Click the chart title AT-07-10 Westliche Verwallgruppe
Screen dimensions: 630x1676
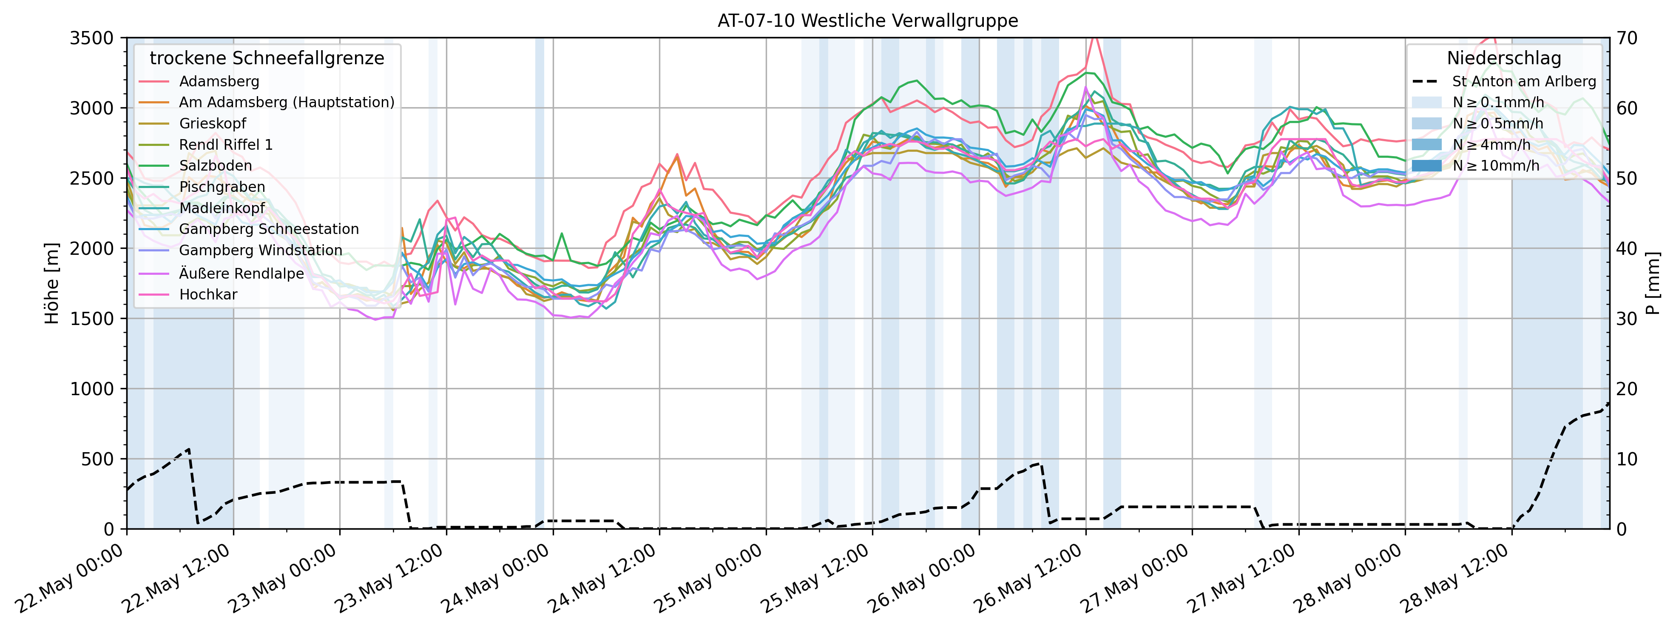[867, 21]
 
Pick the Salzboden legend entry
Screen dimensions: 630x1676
[216, 166]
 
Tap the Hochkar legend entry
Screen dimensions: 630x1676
[208, 294]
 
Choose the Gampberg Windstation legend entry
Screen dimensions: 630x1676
[260, 251]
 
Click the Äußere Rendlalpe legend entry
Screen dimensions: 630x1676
[241, 274]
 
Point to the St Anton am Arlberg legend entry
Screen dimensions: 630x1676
[1524, 81]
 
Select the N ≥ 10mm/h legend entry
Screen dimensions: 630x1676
[1495, 166]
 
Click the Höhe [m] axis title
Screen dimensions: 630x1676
[52, 283]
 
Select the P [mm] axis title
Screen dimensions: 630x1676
[1655, 283]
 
